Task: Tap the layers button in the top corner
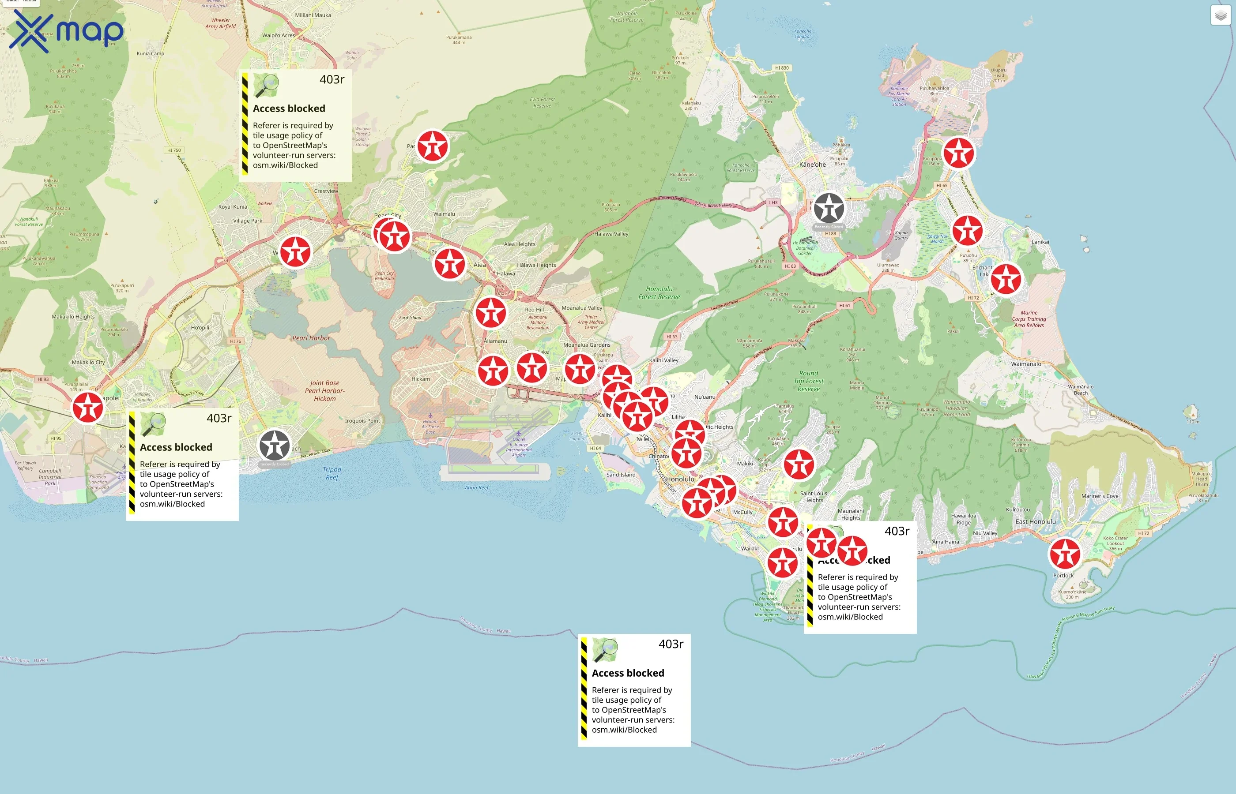tap(1220, 15)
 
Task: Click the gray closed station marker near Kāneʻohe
tap(829, 208)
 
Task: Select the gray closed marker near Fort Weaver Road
tap(274, 446)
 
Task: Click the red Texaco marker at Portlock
tap(1065, 554)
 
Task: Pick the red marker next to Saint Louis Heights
tap(799, 464)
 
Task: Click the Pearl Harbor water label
tap(311, 338)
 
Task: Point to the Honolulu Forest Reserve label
tap(659, 293)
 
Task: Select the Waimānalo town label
tap(1025, 364)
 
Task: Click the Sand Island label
tap(621, 475)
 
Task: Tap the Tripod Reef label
tap(332, 473)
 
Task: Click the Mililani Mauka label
tap(313, 15)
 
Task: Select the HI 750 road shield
tap(174, 150)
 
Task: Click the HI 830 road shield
tap(781, 68)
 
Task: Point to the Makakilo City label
tap(88, 363)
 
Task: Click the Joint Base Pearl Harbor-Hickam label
tap(324, 391)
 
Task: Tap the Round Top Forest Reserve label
tap(808, 381)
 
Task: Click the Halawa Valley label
tap(611, 234)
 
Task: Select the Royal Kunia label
tap(232, 207)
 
